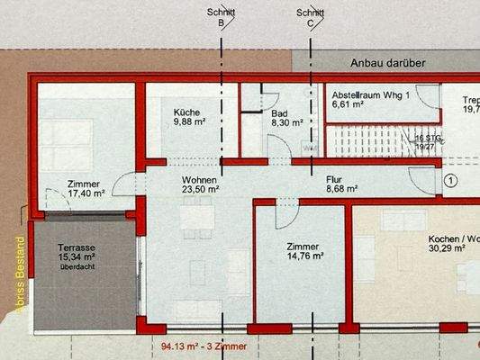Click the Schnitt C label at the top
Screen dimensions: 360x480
[x=311, y=19]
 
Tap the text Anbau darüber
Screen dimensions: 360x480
[x=387, y=64]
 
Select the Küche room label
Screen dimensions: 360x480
[x=188, y=112]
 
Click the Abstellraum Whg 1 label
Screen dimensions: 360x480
[x=370, y=94]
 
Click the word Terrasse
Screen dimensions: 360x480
[x=61, y=247]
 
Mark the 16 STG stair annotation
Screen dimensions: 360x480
[x=429, y=138]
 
